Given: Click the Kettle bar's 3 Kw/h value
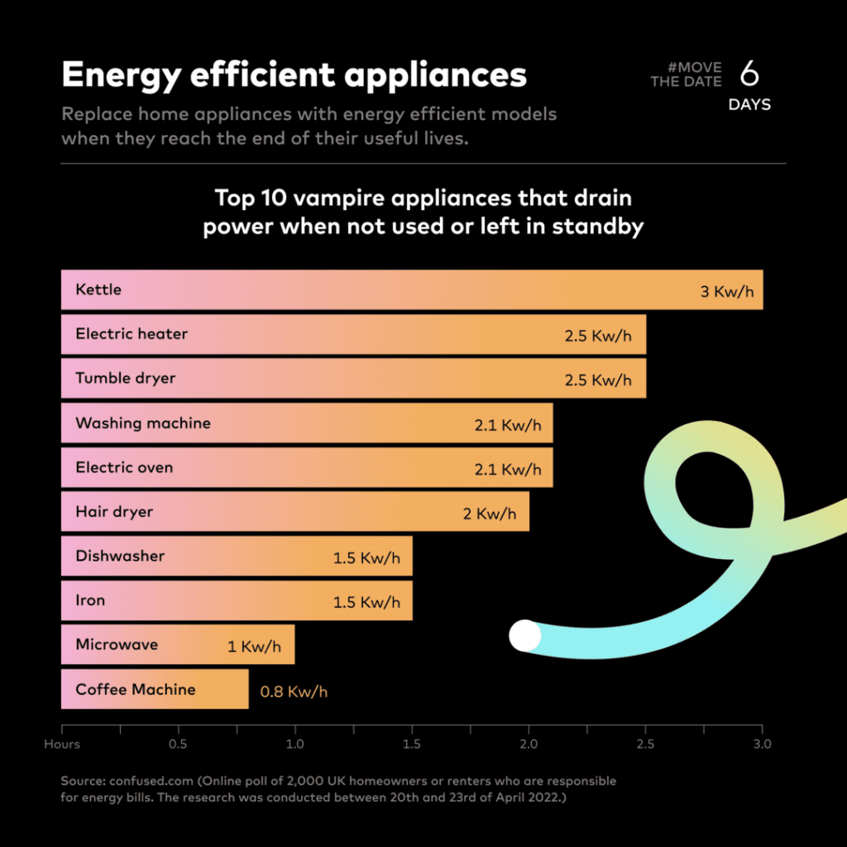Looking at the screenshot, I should pos(727,292).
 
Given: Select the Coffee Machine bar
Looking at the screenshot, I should pos(155,689).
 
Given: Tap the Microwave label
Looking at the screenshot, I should pos(117,644).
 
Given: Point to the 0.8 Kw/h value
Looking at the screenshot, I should pos(294,691).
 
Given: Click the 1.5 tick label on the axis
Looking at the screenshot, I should pos(412,744).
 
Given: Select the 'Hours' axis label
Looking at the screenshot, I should pos(62,744).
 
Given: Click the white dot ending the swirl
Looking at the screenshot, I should pos(524,635).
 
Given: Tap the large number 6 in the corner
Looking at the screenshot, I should pos(749,74).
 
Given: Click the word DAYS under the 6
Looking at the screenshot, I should pos(749,105).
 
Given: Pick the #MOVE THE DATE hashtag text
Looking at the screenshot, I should pos(686,74).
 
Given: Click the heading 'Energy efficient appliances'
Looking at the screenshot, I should pos(294,75).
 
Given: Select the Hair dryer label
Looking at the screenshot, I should pos(114,512).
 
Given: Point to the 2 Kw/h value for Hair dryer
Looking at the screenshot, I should pos(490,514).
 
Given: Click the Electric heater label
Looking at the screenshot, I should pos(132,334).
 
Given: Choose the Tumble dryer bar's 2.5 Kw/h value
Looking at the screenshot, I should pos(598,380).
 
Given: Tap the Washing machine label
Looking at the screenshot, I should pos(143,423).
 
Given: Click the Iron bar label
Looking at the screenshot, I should pos(90,601).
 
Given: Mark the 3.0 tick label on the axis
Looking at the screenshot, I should pos(762,744).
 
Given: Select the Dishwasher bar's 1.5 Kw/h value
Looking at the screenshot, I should pos(366,558).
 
